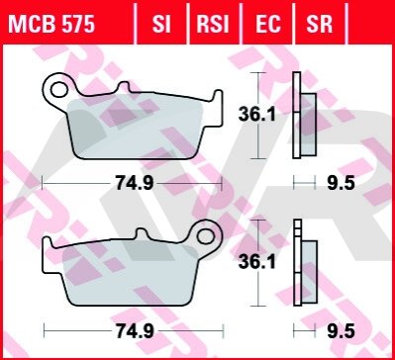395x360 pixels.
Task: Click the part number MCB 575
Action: [x=51, y=24]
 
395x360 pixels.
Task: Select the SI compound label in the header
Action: [x=161, y=24]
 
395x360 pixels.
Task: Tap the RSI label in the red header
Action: [x=213, y=24]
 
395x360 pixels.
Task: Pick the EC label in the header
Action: [x=268, y=24]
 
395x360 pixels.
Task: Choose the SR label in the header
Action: [x=320, y=24]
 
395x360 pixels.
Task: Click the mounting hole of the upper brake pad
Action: [x=59, y=89]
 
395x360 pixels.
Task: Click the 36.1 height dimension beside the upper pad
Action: [x=256, y=115]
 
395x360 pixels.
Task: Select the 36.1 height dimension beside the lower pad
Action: [x=256, y=262]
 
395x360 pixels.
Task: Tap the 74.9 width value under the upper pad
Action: [x=135, y=183]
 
